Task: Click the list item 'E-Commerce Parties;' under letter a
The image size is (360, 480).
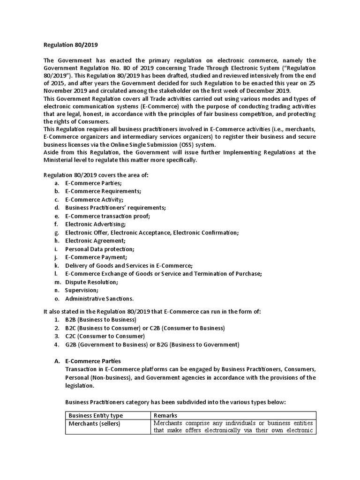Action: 93,183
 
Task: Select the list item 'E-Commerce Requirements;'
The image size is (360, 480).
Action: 103,191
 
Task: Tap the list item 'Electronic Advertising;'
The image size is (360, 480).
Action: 96,225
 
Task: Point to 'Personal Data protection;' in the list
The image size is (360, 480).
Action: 99,249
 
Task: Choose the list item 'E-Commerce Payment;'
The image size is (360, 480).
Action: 96,257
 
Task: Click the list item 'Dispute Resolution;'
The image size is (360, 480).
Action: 91,282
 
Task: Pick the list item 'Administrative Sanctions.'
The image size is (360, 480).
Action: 99,299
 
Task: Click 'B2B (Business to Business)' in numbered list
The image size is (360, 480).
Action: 101,320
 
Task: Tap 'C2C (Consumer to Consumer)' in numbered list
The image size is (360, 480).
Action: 105,337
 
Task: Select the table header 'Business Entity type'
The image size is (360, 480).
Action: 96,415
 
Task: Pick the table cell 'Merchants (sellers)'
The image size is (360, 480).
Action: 94,424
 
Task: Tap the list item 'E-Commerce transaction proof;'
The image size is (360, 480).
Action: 107,216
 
